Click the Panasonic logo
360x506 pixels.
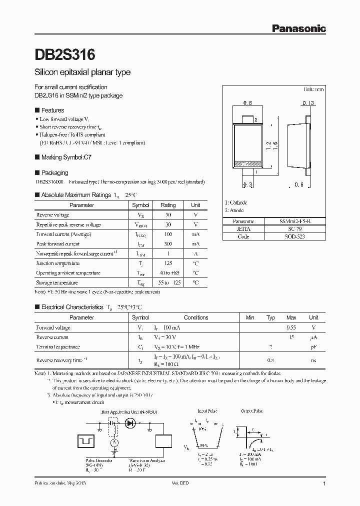point(298,29)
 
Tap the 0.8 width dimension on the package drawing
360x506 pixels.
point(247,103)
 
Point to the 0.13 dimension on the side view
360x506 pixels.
point(308,103)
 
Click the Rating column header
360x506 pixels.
point(168,205)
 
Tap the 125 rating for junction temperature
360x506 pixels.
point(168,263)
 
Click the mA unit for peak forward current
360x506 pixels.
point(195,244)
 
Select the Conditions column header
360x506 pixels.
point(196,317)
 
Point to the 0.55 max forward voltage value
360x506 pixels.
point(291,327)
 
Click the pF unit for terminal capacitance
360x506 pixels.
point(313,346)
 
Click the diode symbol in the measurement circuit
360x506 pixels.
point(131,423)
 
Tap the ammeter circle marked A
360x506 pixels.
point(114,442)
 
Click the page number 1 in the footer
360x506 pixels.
point(324,484)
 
